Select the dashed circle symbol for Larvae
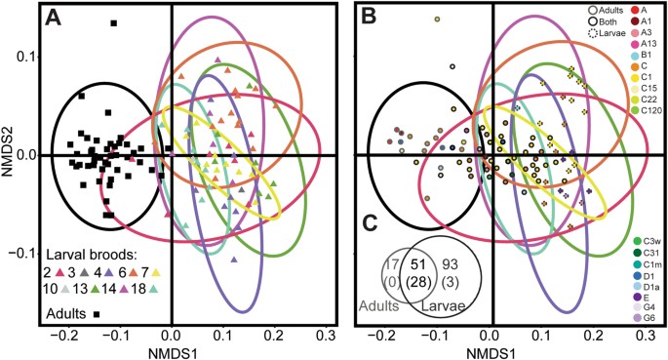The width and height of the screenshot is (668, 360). pos(596,33)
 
